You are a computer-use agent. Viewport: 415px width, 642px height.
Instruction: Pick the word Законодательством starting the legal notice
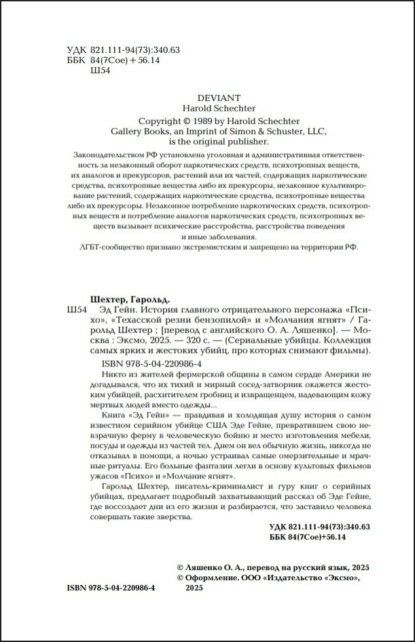[x=110, y=155]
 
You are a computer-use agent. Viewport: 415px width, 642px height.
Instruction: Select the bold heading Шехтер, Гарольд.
[x=130, y=299]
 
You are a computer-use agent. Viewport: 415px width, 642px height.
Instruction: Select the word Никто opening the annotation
[x=112, y=374]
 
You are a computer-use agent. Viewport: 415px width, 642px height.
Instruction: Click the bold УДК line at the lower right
[x=319, y=527]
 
